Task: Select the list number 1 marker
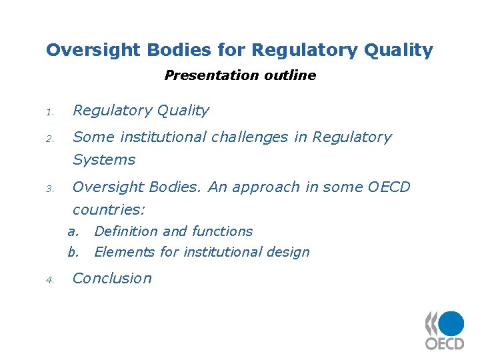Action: (49, 112)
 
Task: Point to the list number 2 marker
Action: (49, 139)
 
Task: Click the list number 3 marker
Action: (49, 189)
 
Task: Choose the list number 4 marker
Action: (49, 280)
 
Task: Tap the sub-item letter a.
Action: (73, 232)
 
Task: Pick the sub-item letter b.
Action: (73, 252)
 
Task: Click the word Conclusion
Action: (112, 279)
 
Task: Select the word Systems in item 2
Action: (104, 160)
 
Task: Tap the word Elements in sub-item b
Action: (120, 252)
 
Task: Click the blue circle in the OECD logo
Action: (451, 323)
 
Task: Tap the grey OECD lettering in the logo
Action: (445, 343)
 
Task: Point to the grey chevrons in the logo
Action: (432, 323)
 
